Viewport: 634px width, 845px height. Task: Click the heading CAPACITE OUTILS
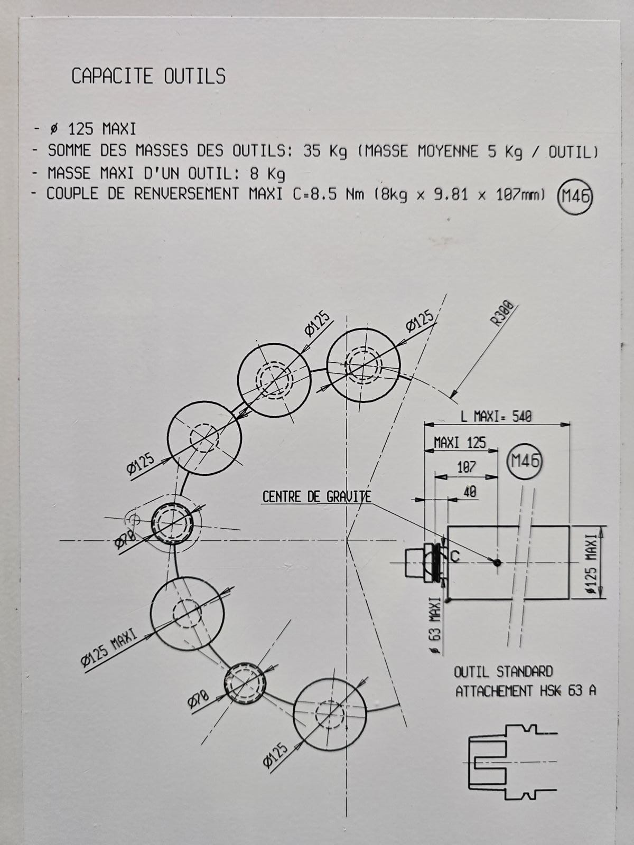(148, 77)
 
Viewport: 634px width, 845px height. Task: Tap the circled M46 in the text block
(575, 196)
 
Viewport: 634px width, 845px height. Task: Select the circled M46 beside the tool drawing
(524, 461)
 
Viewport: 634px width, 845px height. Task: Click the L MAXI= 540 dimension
(496, 416)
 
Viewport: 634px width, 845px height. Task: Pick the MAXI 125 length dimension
(459, 443)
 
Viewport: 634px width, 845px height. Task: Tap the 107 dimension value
(466, 467)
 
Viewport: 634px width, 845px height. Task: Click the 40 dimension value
(469, 492)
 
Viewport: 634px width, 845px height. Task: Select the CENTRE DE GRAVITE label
(316, 497)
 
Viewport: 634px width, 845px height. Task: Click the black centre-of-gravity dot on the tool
(497, 563)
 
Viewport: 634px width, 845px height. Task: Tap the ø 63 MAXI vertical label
(435, 626)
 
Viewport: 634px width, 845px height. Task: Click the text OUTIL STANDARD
(503, 672)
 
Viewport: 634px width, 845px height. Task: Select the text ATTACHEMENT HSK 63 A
(526, 691)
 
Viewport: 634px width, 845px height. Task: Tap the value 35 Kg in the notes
(325, 152)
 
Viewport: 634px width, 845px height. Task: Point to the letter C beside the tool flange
(455, 556)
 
